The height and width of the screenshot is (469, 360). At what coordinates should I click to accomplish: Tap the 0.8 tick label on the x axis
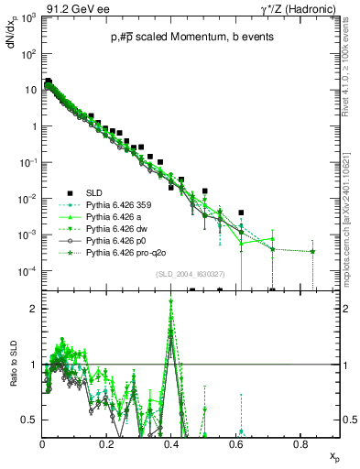tap(300, 444)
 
